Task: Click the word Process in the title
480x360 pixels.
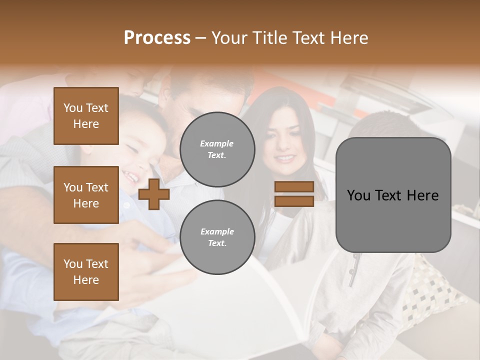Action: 157,38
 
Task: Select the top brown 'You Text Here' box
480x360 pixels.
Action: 86,116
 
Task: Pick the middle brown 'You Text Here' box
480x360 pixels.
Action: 86,195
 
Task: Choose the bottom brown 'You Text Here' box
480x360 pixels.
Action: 86,271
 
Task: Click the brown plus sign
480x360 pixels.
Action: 154,194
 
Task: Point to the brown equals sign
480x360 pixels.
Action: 294,194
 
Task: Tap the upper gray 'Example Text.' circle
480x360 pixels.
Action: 217,149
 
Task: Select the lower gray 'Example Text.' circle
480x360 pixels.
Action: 217,237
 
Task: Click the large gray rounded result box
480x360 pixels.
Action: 393,195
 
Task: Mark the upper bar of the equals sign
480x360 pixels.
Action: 294,186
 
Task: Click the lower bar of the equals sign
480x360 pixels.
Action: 294,201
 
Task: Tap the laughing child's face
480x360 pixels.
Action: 140,155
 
